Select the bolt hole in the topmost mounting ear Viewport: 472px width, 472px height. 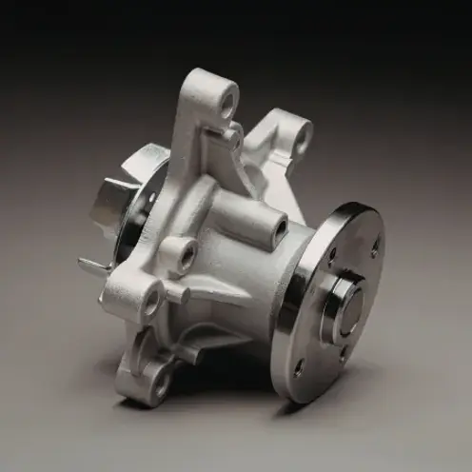coord(227,98)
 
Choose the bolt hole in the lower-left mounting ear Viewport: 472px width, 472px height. coord(150,304)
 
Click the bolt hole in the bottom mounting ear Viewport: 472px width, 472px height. coord(161,382)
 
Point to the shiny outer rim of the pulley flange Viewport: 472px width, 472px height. coord(285,314)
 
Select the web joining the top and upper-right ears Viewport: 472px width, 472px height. coord(262,143)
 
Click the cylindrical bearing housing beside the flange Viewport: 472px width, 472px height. coord(252,285)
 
